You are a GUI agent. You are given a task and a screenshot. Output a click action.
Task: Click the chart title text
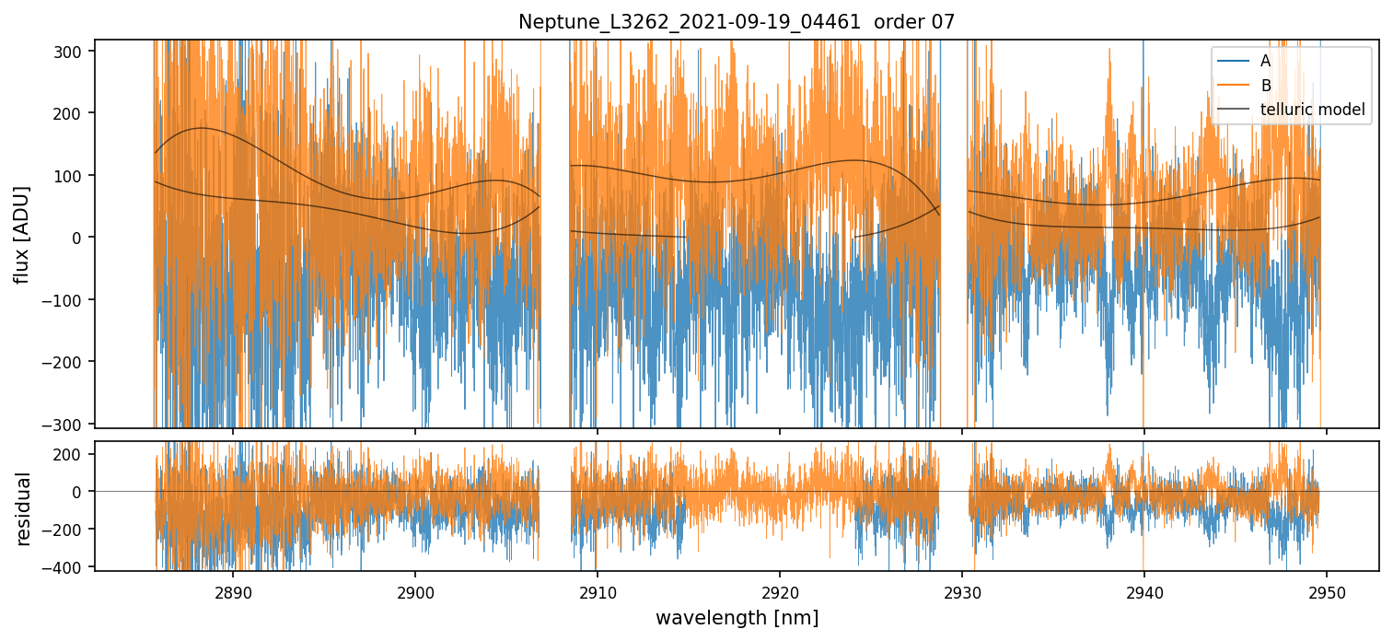[x=737, y=22]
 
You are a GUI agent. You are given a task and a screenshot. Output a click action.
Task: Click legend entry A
[x=1265, y=61]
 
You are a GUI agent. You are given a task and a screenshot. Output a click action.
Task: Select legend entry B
[x=1265, y=86]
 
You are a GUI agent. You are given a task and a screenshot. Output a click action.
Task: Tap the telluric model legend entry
[x=1311, y=111]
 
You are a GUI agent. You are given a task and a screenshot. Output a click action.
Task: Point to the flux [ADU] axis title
[x=21, y=234]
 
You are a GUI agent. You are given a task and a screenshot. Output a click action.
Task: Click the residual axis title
[x=24, y=507]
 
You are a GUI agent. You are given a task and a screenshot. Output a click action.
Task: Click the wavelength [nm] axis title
[x=737, y=617]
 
